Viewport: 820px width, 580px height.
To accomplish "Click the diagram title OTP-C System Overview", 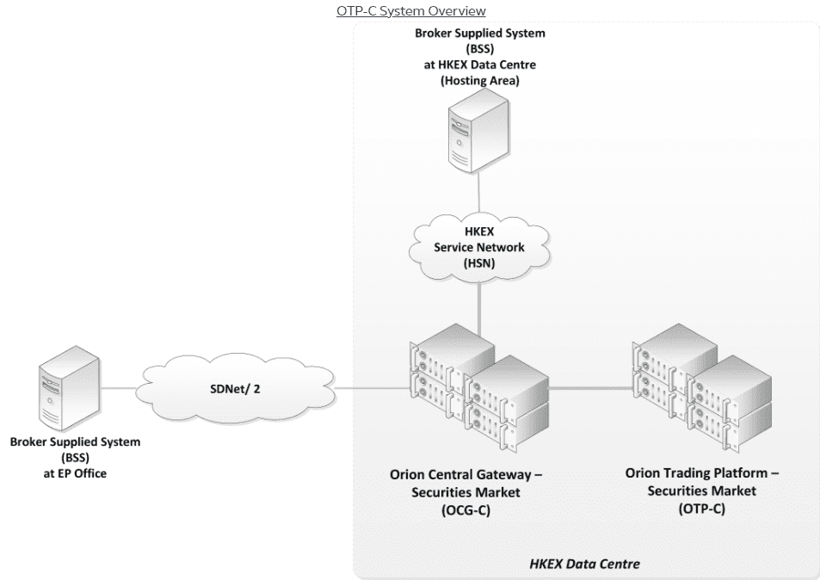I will pyautogui.click(x=410, y=11).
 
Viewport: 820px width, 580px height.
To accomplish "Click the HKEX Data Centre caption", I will pyautogui.click(x=584, y=563).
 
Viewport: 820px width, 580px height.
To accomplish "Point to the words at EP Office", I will pyautogui.click(x=75, y=472).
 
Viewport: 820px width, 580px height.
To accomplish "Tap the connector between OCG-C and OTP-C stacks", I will pyautogui.click(x=590, y=389).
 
